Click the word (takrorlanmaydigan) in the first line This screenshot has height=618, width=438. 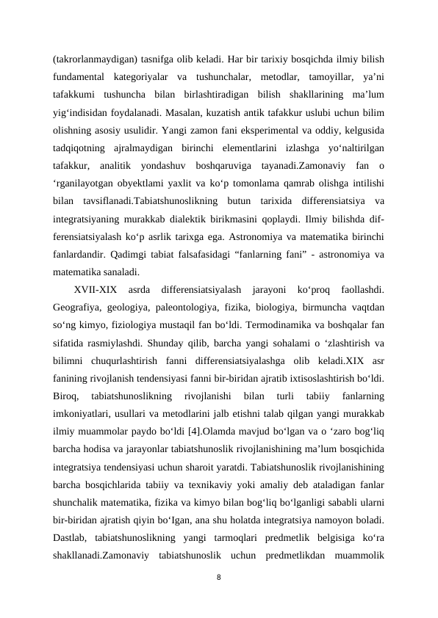[93, 58]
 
